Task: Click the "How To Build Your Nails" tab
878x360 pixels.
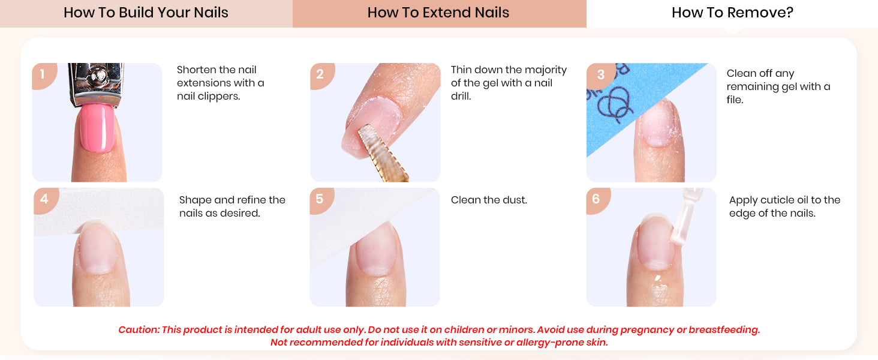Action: [x=146, y=13]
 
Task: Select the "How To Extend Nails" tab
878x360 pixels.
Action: [x=439, y=13]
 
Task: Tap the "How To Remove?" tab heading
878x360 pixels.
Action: [x=732, y=13]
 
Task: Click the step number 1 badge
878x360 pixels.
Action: [x=44, y=75]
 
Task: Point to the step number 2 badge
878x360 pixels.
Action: [x=321, y=75]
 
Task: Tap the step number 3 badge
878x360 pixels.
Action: [x=600, y=75]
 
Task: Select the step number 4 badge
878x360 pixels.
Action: [x=45, y=200]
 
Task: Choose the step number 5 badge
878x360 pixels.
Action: [x=321, y=200]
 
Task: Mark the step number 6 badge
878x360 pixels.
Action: [x=597, y=200]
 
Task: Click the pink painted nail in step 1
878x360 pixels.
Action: [x=97, y=128]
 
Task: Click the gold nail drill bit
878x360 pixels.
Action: [x=382, y=154]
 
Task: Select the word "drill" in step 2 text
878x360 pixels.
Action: [x=461, y=97]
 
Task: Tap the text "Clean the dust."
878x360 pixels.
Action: [x=489, y=200]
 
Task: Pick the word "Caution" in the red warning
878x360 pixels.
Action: [x=139, y=330]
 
